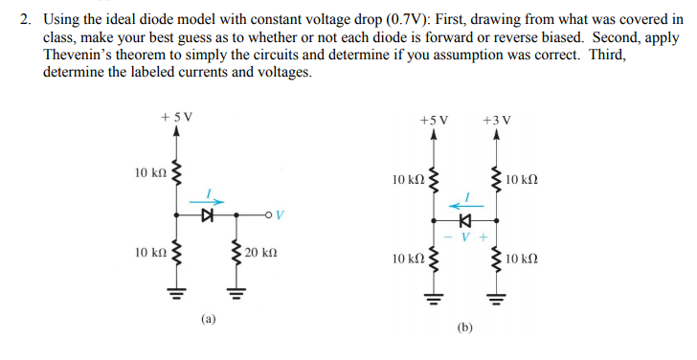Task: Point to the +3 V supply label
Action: pyautogui.click(x=496, y=120)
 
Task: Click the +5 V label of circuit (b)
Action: pyautogui.click(x=435, y=120)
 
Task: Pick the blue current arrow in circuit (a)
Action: pyautogui.click(x=212, y=202)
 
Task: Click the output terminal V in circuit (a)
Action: pyautogui.click(x=279, y=214)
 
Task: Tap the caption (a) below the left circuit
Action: pyautogui.click(x=210, y=315)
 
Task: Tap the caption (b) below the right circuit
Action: pyautogui.click(x=465, y=327)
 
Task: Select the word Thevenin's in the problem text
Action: pyautogui.click(x=79, y=56)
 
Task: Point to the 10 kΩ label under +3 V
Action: pyautogui.click(x=524, y=179)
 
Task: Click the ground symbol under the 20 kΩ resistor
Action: pyautogui.click(x=230, y=290)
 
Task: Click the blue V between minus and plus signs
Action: pyautogui.click(x=464, y=236)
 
